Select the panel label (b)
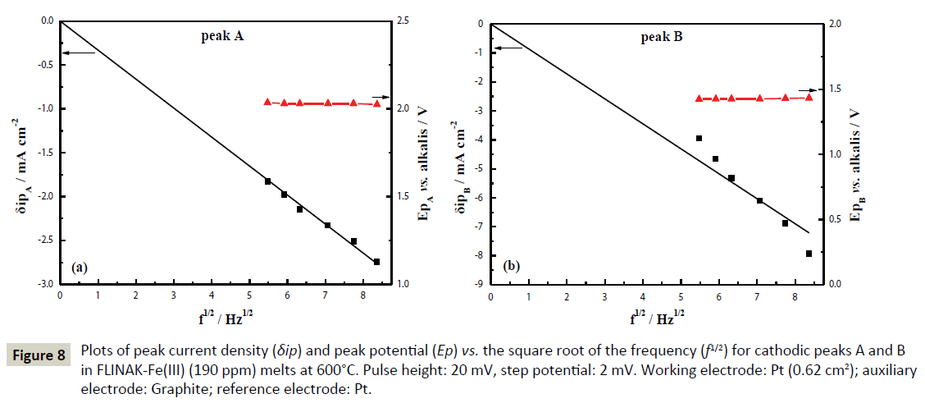(511, 266)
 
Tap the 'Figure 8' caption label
(37, 355)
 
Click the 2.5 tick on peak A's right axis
(406, 21)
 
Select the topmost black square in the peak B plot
(699, 139)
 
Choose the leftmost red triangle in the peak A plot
(267, 102)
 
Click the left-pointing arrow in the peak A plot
(79, 53)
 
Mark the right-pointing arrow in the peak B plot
(810, 90)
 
